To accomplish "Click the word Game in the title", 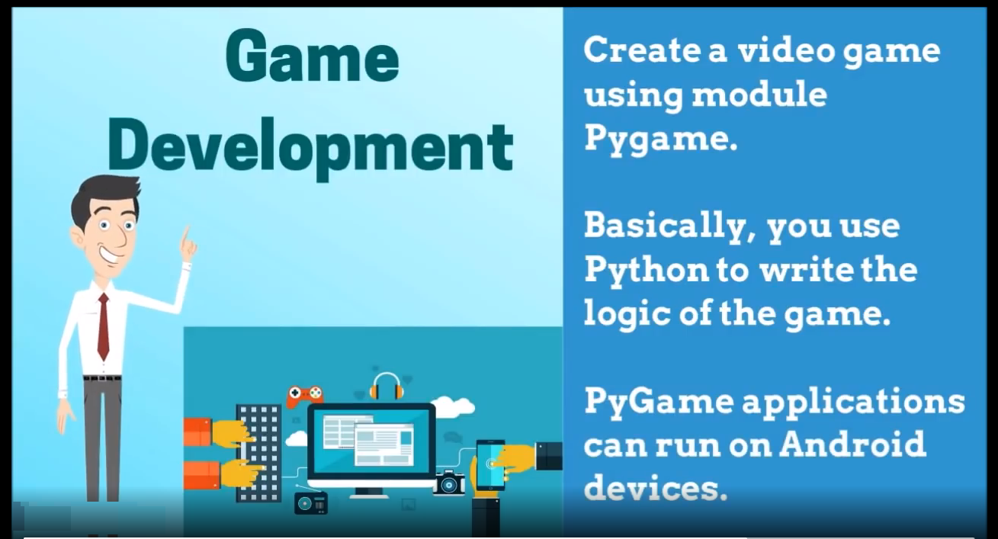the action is click(312, 56).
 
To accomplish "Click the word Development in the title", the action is click(310, 148).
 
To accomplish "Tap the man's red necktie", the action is click(104, 326).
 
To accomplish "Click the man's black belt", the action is click(102, 378).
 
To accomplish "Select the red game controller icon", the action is click(305, 396).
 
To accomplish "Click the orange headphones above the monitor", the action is click(387, 387).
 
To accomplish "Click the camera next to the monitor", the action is click(448, 483).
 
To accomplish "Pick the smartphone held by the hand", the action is click(490, 464).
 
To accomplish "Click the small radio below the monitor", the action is click(311, 503).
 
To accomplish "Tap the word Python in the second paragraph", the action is click(647, 271).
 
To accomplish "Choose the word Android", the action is click(852, 444).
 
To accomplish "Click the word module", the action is click(759, 95).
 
